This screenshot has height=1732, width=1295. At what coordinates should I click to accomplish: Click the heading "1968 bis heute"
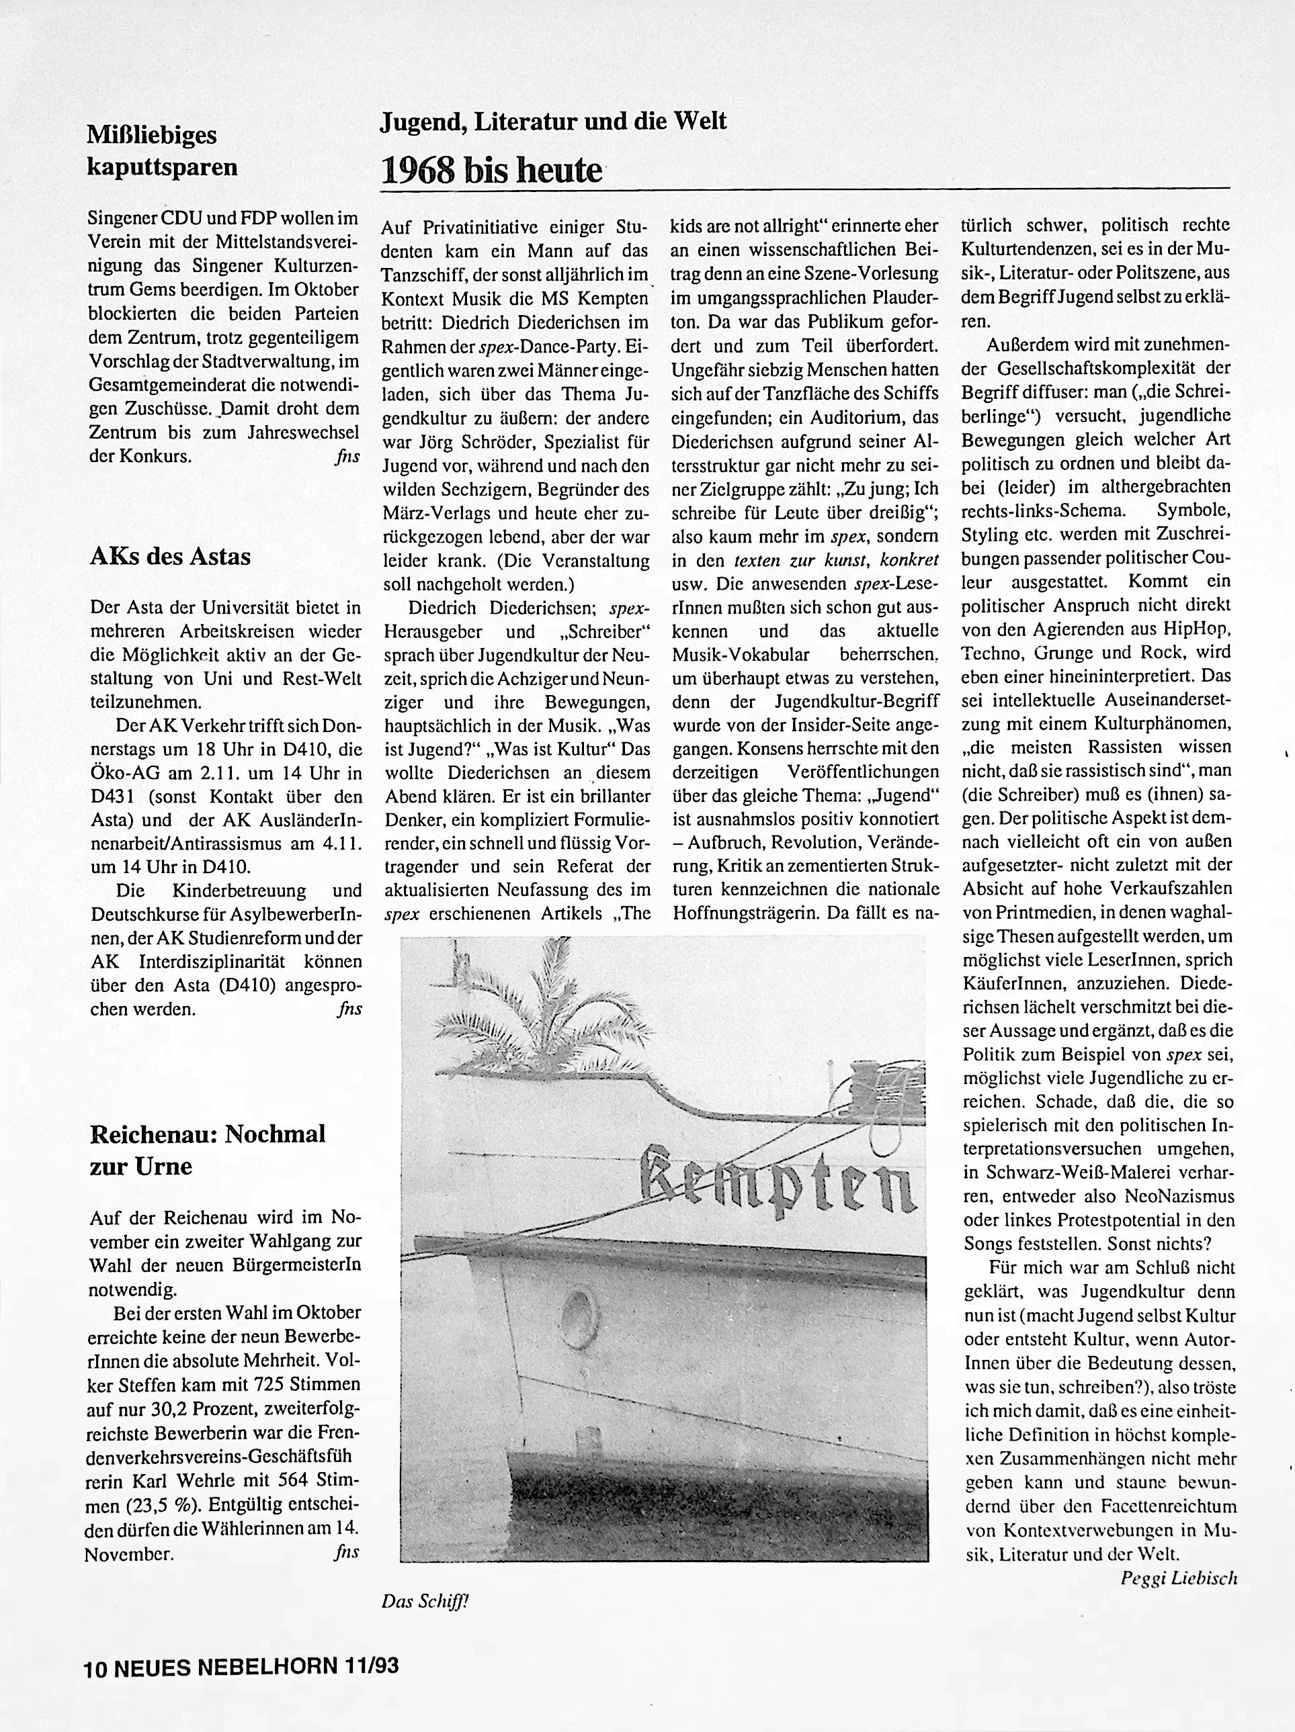point(491,170)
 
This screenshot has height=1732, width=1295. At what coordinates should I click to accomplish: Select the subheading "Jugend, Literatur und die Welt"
point(553,122)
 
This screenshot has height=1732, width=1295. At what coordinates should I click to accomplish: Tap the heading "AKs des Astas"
point(170,557)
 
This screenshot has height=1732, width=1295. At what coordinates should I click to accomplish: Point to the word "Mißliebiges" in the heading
point(151,135)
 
